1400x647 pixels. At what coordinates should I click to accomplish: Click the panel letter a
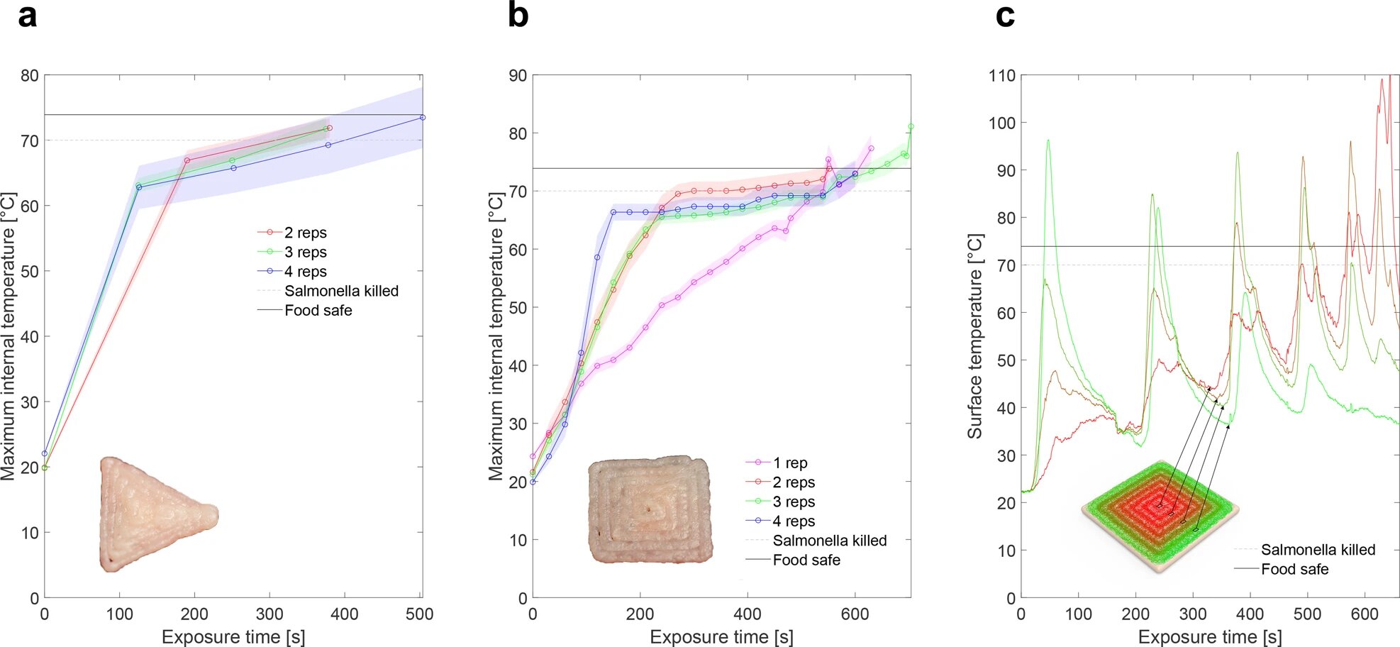(x=27, y=16)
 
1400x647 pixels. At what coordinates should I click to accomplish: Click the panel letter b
(x=518, y=16)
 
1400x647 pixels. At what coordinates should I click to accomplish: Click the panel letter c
(x=1005, y=16)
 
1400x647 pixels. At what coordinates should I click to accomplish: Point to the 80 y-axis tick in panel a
(x=29, y=75)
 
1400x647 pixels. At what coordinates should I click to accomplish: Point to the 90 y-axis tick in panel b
(x=518, y=75)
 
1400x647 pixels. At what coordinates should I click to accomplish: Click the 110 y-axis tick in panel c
(x=1001, y=75)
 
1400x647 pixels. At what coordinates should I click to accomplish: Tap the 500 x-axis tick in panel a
(x=419, y=614)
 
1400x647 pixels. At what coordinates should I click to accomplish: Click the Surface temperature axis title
(x=975, y=336)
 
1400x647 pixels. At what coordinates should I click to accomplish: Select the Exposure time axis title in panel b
(x=721, y=637)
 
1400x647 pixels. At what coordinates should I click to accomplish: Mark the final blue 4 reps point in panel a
(x=423, y=118)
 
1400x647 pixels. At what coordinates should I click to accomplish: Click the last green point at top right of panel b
(x=911, y=127)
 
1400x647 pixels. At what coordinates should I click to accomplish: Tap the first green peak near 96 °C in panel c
(x=1048, y=140)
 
